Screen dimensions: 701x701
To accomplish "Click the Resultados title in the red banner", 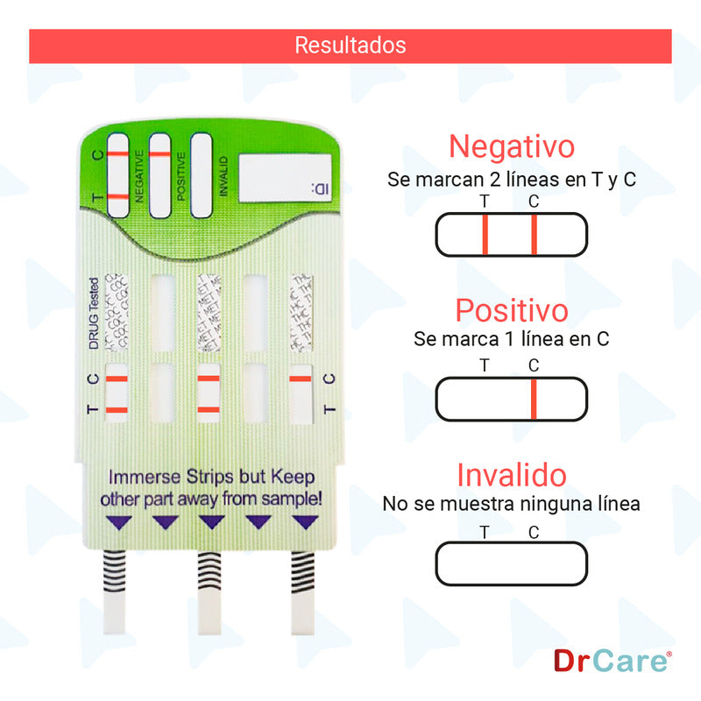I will tap(350, 45).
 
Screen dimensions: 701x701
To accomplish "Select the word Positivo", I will tap(512, 310).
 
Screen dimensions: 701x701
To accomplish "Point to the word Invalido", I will tap(512, 476).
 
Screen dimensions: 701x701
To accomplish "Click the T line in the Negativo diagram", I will tap(485, 234).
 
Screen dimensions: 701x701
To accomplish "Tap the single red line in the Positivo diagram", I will tap(533, 400).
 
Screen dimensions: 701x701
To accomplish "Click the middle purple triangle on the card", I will tap(211, 522).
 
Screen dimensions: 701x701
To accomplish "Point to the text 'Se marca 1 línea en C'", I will tap(512, 338).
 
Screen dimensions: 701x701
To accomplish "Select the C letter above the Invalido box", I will tap(534, 531).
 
